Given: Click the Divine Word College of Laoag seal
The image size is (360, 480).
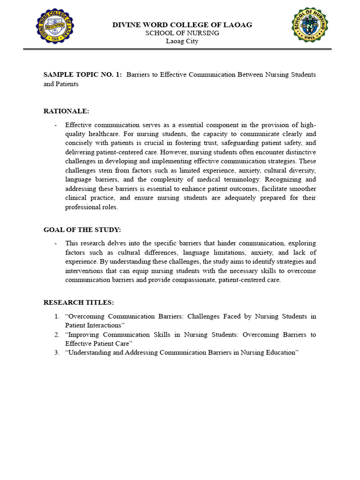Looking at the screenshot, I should pos(55,26).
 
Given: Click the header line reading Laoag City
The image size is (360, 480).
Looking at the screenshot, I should pos(182,41).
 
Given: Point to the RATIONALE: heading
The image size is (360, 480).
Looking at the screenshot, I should pos(66,111).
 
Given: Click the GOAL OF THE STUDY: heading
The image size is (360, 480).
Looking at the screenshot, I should pos(82,230).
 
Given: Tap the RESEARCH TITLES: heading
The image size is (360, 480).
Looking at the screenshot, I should pos(79,303).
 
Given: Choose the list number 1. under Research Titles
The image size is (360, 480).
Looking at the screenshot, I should pos(56,316).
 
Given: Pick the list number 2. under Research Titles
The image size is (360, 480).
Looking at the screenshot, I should pos(56,335).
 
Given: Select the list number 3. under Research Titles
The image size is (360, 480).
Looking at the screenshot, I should pos(56,352).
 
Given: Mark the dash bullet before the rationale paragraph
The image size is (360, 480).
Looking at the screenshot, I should pos(56,125).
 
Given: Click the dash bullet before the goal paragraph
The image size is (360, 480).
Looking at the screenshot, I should pos(56,244).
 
